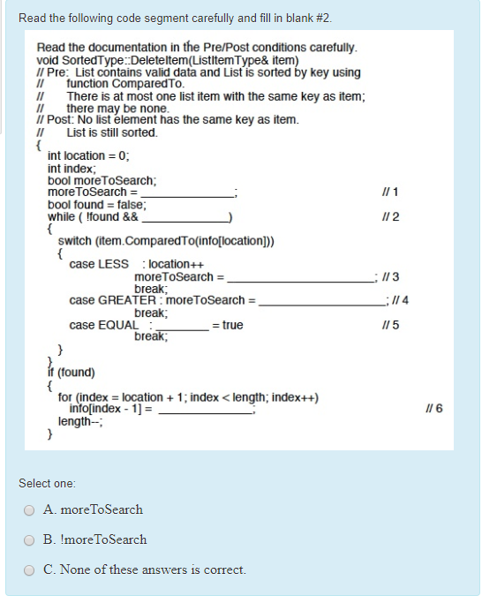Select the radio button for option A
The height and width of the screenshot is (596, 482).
click(x=29, y=509)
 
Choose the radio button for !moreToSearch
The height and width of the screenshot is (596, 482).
click(x=29, y=539)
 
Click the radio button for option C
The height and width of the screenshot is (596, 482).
click(x=29, y=570)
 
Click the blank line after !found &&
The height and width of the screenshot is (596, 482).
click(x=185, y=217)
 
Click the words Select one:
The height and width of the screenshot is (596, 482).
click(x=47, y=483)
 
